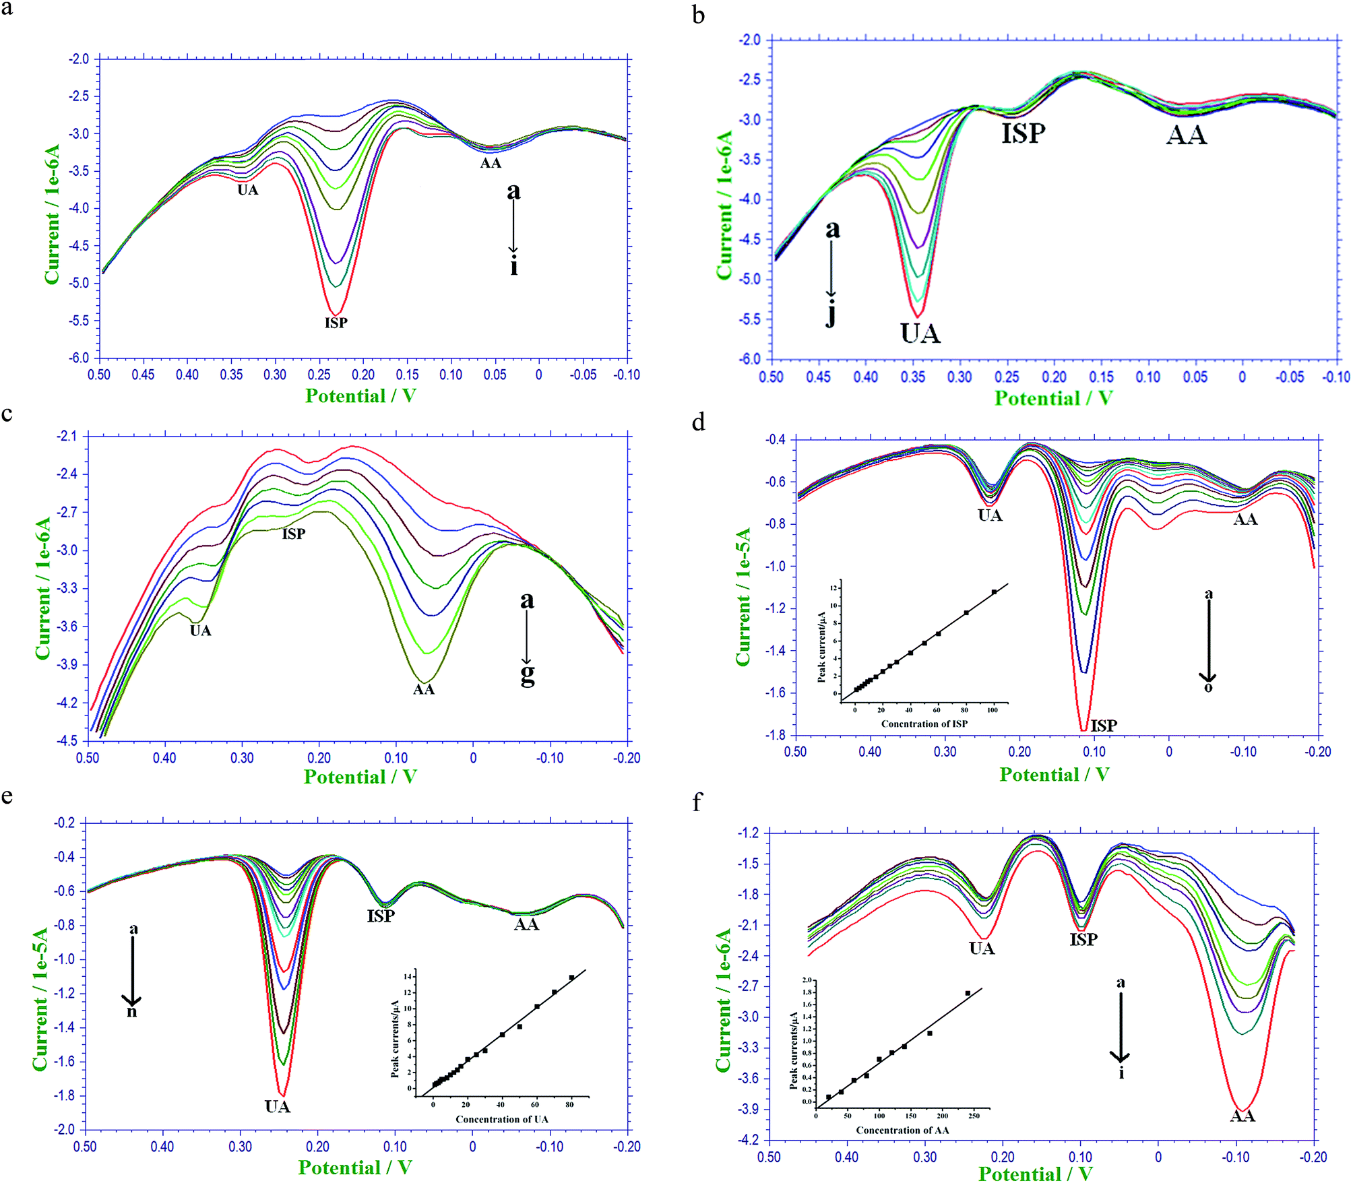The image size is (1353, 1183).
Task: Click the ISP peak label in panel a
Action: [x=336, y=323]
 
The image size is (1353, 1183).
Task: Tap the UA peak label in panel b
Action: [x=920, y=333]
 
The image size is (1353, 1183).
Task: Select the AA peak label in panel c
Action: [x=424, y=689]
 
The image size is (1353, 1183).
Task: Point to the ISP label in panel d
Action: [x=1104, y=726]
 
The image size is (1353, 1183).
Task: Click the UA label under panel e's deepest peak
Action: [x=278, y=1106]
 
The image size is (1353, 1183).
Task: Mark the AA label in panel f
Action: [x=1242, y=1116]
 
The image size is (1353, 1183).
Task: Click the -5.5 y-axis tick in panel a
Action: [x=78, y=321]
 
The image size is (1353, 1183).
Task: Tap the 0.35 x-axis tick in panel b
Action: [x=912, y=377]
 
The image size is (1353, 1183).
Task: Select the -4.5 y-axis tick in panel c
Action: [x=67, y=741]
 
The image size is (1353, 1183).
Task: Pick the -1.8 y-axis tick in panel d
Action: [x=775, y=735]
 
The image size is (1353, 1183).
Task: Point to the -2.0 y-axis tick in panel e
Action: [x=65, y=1130]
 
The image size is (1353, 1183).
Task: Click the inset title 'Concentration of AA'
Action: [x=902, y=1130]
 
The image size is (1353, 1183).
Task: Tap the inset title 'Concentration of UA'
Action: [x=502, y=1119]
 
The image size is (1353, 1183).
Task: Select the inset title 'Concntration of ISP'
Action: [x=924, y=724]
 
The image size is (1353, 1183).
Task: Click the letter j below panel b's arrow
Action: [x=831, y=314]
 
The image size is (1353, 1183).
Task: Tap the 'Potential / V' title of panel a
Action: [x=360, y=396]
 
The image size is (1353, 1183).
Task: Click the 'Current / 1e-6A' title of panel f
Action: [x=724, y=1000]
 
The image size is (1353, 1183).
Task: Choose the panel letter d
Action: [x=699, y=422]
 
